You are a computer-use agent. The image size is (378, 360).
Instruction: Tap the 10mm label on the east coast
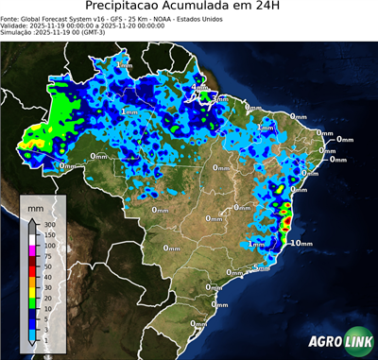click(301, 243)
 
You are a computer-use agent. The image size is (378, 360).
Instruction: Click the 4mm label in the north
click(199, 88)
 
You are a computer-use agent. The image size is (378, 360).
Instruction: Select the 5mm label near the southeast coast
click(262, 269)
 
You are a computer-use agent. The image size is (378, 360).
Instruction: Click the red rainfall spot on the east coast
click(287, 224)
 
